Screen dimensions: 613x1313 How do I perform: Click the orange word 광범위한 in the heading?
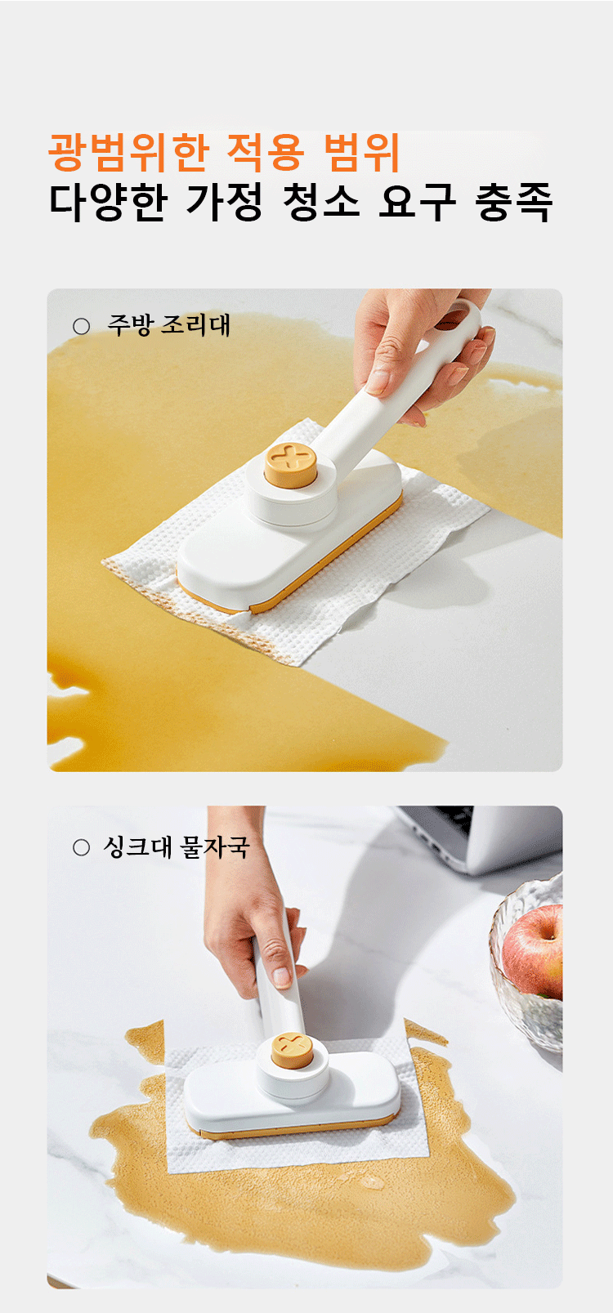(128, 153)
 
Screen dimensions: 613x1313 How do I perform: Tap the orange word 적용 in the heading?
(266, 153)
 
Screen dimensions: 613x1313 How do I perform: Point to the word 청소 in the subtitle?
(321, 203)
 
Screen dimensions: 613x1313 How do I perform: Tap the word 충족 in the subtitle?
(513, 203)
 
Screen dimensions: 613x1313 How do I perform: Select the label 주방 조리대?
(169, 325)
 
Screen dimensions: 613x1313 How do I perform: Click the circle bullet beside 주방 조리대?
(81, 327)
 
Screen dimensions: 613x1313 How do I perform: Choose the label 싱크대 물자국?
(177, 847)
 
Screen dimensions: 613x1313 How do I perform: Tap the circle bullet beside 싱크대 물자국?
(81, 847)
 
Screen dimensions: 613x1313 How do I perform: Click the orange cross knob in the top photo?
(290, 464)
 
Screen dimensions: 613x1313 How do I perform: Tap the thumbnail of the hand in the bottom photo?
(282, 976)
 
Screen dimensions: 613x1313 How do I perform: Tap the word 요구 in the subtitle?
(417, 203)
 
